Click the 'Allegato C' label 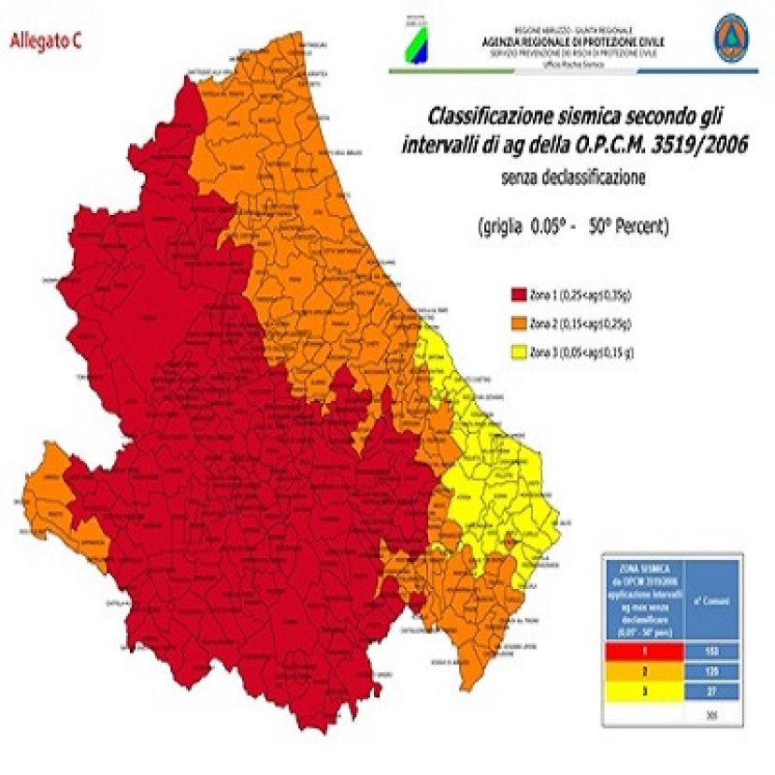(x=45, y=41)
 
